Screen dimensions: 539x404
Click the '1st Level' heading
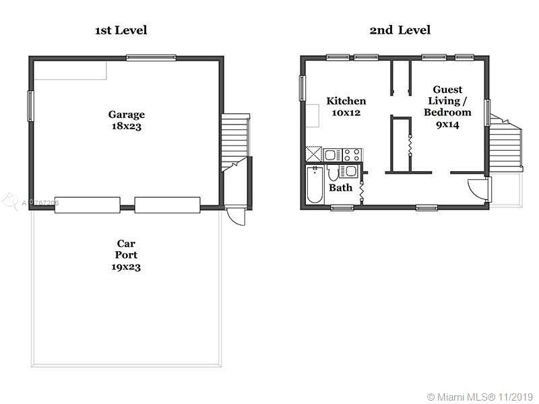pos(121,30)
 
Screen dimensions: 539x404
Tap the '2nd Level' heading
pos(400,30)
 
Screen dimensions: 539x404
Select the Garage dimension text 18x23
pos(127,126)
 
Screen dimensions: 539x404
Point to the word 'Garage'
pos(127,114)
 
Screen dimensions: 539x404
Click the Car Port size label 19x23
pos(126,267)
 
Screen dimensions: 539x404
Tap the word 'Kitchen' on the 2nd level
pos(346,101)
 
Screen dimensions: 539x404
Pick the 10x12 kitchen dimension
pos(346,112)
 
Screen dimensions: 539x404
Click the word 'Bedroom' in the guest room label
pos(447,112)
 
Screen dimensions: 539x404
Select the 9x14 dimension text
pos(447,125)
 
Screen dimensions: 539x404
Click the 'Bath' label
pos(340,188)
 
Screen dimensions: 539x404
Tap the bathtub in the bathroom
pos(315,184)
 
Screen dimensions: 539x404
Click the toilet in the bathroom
pos(332,173)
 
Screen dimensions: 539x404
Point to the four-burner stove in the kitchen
pos(352,155)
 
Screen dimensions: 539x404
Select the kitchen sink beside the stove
pos(333,155)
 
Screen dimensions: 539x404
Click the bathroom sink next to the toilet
pos(348,172)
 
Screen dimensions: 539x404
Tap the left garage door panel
pos(88,205)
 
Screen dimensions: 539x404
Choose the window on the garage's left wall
pos(30,106)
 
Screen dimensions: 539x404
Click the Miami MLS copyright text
pos(480,397)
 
